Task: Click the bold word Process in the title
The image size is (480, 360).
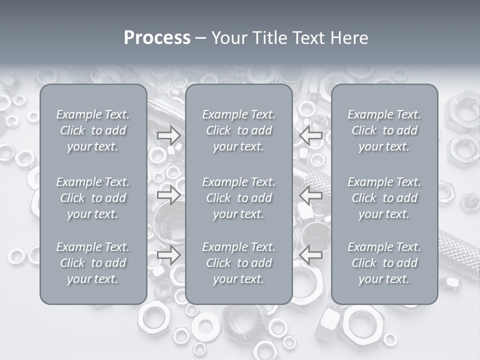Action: (x=157, y=38)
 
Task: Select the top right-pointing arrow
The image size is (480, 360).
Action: (x=168, y=135)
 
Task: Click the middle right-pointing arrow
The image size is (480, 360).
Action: (x=168, y=195)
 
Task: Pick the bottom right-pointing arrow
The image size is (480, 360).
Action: (x=168, y=255)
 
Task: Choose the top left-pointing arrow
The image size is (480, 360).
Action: (x=311, y=135)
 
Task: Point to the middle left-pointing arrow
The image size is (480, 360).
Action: (x=311, y=195)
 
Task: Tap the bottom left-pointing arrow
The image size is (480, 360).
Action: (x=311, y=255)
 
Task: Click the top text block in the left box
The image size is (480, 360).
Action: (x=93, y=130)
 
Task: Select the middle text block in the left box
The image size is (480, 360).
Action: (x=93, y=198)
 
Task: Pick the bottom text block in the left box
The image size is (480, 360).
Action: (x=93, y=263)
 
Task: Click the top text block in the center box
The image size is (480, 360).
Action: (x=238, y=130)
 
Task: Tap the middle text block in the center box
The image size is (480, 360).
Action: (x=238, y=198)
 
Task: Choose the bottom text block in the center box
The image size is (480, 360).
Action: (x=238, y=263)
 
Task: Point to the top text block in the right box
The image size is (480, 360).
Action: (x=384, y=130)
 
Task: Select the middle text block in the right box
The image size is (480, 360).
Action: (x=384, y=198)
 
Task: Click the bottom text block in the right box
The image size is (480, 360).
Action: (x=384, y=263)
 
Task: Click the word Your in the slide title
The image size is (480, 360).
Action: (x=228, y=38)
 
